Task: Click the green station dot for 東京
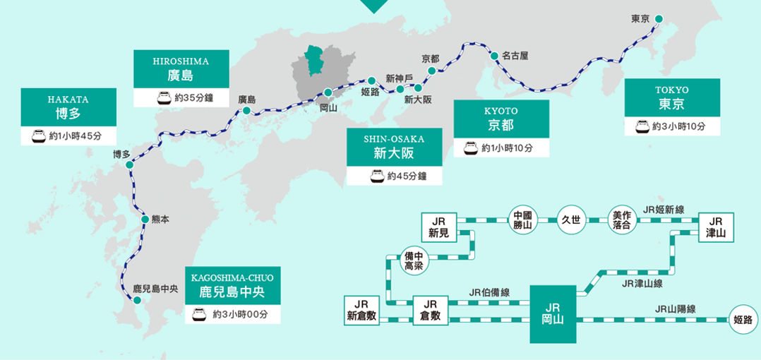pos(659,19)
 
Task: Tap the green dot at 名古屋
pos(494,56)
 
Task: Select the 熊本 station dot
pos(145,220)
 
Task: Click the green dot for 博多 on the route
pos(129,165)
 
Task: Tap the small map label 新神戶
pos(400,78)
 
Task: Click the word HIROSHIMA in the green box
pos(181,61)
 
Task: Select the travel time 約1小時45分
pos(76,136)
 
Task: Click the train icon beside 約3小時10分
pos(642,126)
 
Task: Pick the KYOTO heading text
pos(501,111)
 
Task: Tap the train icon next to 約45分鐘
pos(377,176)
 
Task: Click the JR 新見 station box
pos(439,227)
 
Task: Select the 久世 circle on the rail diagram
pos(571,220)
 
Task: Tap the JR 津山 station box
pos(716,227)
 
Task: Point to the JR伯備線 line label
pos(489,292)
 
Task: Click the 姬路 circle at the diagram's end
pos(743,320)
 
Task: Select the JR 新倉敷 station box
pos(361,311)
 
